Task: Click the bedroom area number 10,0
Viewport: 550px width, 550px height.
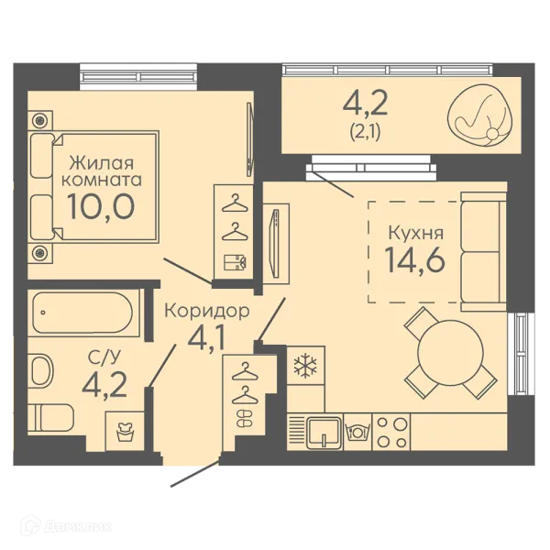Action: [x=101, y=206]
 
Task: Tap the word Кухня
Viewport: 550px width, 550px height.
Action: [x=415, y=233]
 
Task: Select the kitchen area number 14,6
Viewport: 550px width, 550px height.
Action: [x=415, y=259]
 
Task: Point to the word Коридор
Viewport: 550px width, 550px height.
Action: [x=207, y=311]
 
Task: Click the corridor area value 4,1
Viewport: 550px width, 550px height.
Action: [x=206, y=338]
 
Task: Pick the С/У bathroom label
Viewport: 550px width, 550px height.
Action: [x=104, y=357]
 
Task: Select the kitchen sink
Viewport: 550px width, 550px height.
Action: [x=324, y=433]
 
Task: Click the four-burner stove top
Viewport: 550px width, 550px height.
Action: [x=391, y=433]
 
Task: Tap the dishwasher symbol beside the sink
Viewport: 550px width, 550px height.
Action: [x=357, y=432]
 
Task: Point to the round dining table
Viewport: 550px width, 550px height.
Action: [x=450, y=353]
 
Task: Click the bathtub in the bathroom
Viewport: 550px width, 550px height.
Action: [x=82, y=313]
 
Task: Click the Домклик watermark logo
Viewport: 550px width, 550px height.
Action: [x=66, y=526]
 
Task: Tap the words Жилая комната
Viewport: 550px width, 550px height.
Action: [x=102, y=172]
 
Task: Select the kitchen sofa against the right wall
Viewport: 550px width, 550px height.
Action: [x=484, y=251]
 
